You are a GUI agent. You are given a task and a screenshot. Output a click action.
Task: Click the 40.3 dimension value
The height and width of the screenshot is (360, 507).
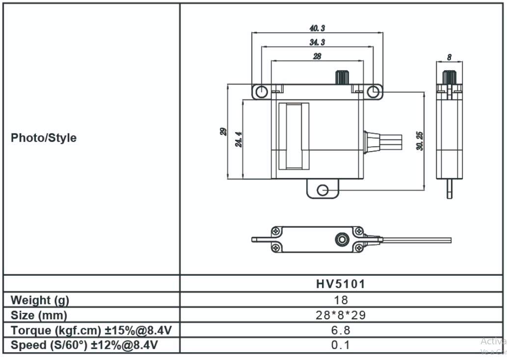[x=317, y=28]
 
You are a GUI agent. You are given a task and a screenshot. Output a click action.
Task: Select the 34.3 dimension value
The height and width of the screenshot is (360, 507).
[x=317, y=42]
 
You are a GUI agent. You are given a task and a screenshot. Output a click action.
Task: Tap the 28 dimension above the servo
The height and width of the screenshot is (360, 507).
[x=317, y=56]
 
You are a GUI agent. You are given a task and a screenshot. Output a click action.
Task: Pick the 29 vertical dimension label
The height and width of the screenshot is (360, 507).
[x=223, y=131]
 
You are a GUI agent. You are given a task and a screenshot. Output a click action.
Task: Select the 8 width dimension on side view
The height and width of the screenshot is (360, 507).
[x=449, y=57]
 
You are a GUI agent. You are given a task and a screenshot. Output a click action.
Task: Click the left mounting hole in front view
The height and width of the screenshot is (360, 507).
[x=262, y=91]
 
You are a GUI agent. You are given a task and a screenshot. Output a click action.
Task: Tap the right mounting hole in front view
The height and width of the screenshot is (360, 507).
[x=373, y=91]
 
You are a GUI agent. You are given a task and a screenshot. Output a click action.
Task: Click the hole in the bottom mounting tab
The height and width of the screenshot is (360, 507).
[x=322, y=190]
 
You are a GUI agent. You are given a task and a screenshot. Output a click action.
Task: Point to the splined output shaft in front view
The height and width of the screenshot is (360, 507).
[x=342, y=77]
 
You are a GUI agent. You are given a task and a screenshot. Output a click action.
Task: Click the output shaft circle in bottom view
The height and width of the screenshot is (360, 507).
[x=340, y=239]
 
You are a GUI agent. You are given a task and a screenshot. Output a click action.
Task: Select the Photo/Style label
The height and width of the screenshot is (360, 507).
[x=44, y=138]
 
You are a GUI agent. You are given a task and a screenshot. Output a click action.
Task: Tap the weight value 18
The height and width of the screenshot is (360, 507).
[x=341, y=300]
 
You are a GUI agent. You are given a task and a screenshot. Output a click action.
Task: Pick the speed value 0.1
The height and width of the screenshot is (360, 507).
[x=341, y=345]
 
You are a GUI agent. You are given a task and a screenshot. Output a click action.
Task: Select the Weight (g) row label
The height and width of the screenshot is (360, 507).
[x=40, y=300]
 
